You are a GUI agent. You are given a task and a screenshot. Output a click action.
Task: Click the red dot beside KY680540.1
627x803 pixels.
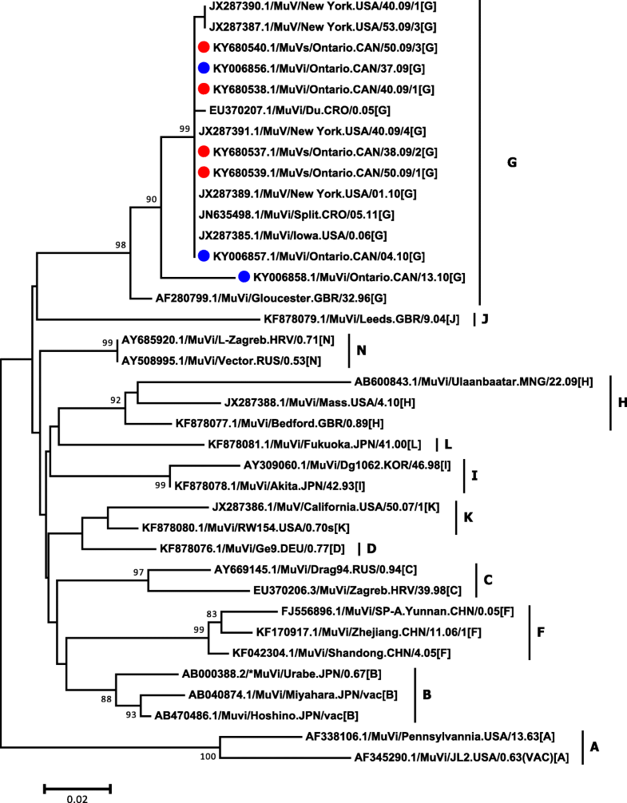(204, 47)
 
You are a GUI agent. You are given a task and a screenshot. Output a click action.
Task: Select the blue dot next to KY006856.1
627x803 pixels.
(204, 68)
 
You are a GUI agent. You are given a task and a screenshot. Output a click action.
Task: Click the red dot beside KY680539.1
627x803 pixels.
(204, 172)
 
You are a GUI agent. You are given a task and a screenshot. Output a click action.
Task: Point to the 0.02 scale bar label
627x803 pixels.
(77, 798)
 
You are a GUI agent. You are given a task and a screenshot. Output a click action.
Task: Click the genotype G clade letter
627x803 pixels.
(512, 163)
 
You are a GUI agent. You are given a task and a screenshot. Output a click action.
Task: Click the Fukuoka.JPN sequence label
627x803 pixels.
(316, 444)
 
